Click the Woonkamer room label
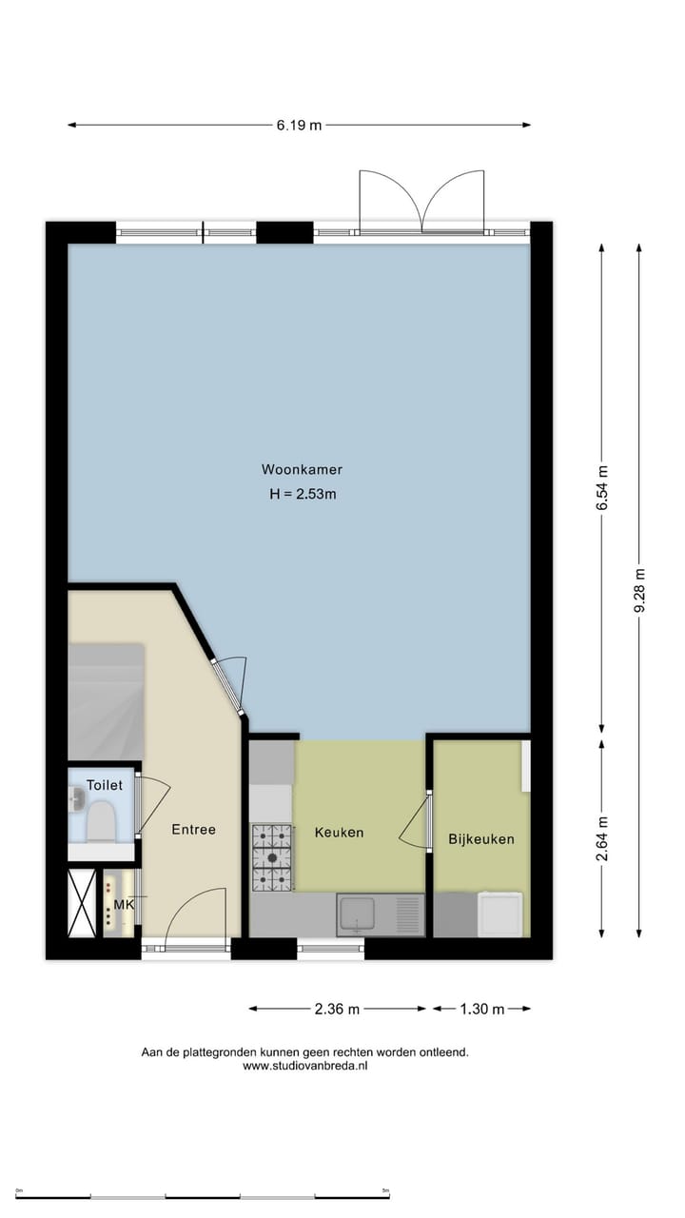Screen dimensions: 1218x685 302,469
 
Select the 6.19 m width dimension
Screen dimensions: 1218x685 299,125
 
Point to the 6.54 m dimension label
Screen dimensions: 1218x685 601,488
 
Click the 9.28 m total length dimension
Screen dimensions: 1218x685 639,590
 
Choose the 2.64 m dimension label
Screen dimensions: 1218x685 601,838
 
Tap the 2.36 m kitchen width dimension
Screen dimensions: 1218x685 338,1009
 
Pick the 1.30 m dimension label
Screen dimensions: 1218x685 482,1009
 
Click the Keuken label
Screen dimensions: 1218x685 339,833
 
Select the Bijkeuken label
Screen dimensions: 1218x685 481,839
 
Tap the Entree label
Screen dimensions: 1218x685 193,830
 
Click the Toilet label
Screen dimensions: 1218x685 105,785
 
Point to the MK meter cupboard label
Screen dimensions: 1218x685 124,904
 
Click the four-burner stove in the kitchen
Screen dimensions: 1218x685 272,857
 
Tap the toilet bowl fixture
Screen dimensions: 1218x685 100,821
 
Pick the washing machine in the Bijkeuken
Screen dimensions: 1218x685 500,914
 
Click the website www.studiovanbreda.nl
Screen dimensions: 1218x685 304,1067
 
